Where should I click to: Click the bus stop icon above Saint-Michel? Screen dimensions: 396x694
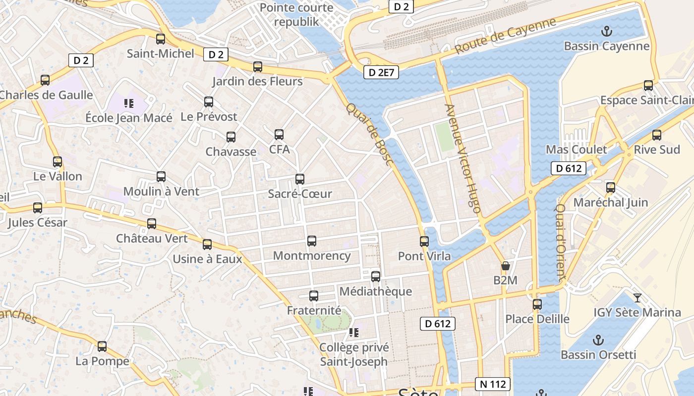click(x=160, y=39)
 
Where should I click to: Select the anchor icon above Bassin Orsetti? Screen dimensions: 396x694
click(x=598, y=341)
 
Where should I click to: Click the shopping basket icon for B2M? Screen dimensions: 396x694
click(x=505, y=266)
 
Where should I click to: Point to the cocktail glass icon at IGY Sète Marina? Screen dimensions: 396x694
click(x=637, y=298)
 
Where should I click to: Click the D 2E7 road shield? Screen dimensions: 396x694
click(x=381, y=73)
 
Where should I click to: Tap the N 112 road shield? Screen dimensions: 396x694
click(x=493, y=384)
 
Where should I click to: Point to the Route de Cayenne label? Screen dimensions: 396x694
click(x=506, y=37)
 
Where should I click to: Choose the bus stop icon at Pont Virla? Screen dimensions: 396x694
click(x=424, y=242)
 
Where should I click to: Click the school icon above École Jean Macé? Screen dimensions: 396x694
click(x=129, y=103)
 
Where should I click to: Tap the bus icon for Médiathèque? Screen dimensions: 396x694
click(x=376, y=277)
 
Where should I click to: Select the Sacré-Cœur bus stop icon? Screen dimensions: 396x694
click(x=299, y=179)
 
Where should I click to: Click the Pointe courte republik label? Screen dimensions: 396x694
click(x=296, y=15)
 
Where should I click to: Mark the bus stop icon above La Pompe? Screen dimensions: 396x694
click(x=102, y=346)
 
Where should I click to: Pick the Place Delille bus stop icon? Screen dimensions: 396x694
click(x=537, y=304)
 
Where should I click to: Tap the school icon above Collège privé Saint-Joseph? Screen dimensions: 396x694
click(x=353, y=333)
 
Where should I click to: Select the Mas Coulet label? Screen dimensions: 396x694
click(x=576, y=149)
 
